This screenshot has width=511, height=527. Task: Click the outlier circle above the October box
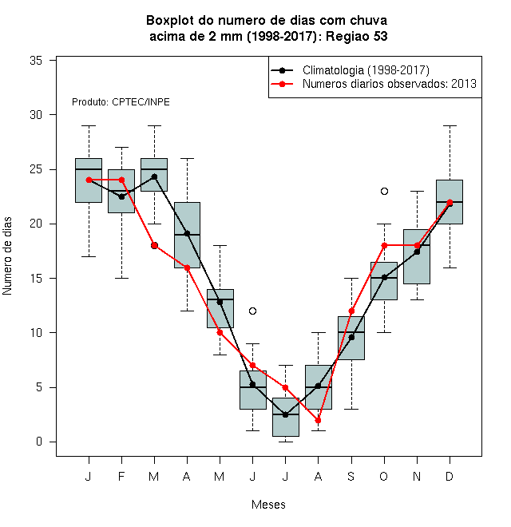coord(384,192)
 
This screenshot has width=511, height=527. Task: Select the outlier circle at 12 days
coord(253,311)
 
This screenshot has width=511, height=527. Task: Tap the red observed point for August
coord(318,421)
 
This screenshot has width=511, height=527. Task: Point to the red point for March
coord(154,246)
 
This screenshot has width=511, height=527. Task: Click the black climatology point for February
coord(121,196)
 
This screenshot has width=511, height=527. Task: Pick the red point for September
coord(351,311)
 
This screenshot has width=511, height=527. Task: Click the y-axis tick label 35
coord(36,61)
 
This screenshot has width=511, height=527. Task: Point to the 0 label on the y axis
coord(39,442)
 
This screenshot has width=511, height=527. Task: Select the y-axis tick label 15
coord(36,279)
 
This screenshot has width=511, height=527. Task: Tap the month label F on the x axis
coord(121,476)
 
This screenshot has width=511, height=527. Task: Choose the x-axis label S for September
coord(351,476)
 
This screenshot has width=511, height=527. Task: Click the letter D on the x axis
coord(450,476)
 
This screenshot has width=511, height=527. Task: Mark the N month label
coord(417,476)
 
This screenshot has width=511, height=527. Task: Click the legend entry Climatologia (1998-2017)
coord(366,70)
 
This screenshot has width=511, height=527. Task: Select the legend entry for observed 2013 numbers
coord(390,84)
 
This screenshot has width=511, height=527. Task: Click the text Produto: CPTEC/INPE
coord(121,102)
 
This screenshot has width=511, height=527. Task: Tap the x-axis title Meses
coord(268,505)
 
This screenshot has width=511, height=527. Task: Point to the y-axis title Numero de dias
coord(7,256)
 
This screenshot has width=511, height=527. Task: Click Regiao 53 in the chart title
coord(357,36)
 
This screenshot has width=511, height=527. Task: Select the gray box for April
coord(187,236)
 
